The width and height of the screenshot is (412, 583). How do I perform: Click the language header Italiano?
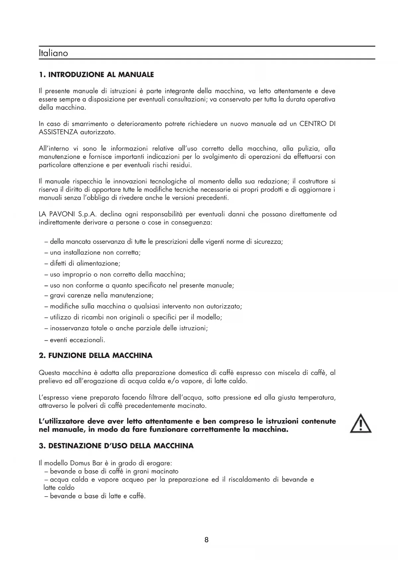click(x=53, y=53)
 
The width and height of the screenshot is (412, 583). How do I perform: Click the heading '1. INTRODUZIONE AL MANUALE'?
click(x=96, y=74)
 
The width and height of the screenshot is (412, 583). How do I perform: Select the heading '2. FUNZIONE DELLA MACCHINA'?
click(x=96, y=355)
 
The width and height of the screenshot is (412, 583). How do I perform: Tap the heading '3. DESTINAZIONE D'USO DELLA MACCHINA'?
click(x=116, y=446)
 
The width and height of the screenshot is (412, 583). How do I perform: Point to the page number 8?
click(x=206, y=540)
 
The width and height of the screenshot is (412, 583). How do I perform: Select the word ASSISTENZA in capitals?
click(x=58, y=132)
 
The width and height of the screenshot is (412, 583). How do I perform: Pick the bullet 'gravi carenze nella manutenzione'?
click(x=101, y=295)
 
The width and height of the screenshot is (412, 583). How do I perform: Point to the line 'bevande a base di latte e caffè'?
click(x=98, y=496)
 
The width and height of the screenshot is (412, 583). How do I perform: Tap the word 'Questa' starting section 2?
click(x=49, y=373)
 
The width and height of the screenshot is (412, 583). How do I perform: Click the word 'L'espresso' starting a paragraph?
click(x=54, y=397)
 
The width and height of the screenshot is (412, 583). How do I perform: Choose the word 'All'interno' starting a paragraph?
click(x=53, y=148)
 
